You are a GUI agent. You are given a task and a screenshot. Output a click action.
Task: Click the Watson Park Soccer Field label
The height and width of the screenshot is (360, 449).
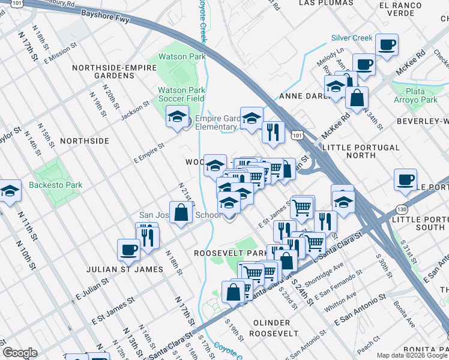pos(181,94)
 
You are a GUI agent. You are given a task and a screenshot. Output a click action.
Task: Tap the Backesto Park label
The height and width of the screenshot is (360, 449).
pos(56,185)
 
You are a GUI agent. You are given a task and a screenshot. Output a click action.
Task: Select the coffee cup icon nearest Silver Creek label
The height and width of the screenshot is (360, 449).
pos(387,44)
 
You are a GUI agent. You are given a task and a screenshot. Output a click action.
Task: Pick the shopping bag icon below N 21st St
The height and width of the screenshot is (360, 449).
pos(181,212)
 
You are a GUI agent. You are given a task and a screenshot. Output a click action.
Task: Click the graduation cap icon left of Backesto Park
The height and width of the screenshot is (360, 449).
pos(10,191)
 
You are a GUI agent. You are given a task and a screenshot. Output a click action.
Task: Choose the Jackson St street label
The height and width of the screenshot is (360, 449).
pos(136,111)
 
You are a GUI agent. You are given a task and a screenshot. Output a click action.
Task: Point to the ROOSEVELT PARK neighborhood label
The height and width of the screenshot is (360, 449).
pos(231,254)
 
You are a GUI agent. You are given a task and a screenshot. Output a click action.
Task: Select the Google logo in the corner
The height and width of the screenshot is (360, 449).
pos(20,353)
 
